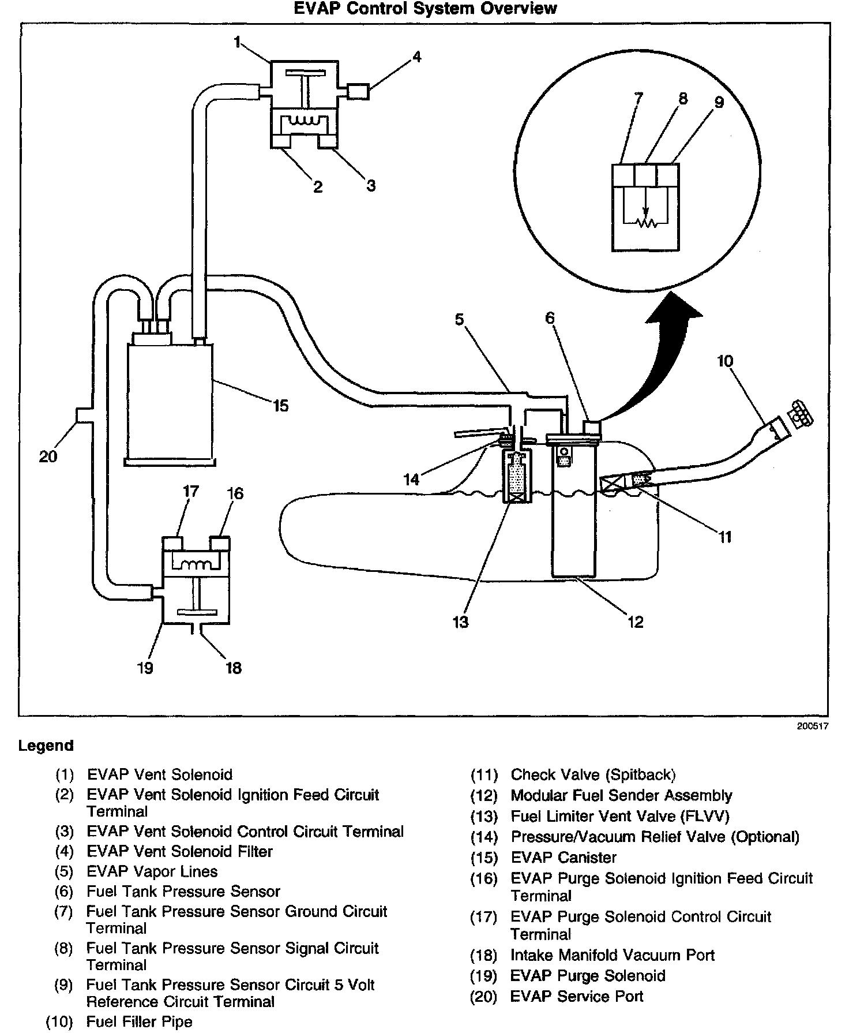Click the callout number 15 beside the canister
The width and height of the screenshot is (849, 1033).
[280, 406]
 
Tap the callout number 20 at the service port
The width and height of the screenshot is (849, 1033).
[48, 456]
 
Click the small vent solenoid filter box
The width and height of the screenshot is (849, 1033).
[358, 91]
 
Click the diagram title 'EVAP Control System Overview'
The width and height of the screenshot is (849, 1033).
[425, 9]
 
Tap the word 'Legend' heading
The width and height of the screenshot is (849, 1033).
[46, 746]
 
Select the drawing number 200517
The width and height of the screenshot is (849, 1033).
[813, 726]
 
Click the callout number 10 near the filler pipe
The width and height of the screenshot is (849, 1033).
[725, 361]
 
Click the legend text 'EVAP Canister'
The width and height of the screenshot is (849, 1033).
[564, 858]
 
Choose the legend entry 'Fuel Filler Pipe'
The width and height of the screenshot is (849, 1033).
[139, 1022]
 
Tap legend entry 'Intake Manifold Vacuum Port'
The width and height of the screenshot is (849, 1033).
[613, 955]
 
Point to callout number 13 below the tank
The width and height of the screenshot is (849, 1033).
[461, 622]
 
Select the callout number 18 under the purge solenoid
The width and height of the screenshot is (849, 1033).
[233, 668]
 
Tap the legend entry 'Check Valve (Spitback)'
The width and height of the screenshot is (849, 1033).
[593, 774]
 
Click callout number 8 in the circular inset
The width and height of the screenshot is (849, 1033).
[683, 99]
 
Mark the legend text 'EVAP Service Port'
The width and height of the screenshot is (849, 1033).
[577, 997]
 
